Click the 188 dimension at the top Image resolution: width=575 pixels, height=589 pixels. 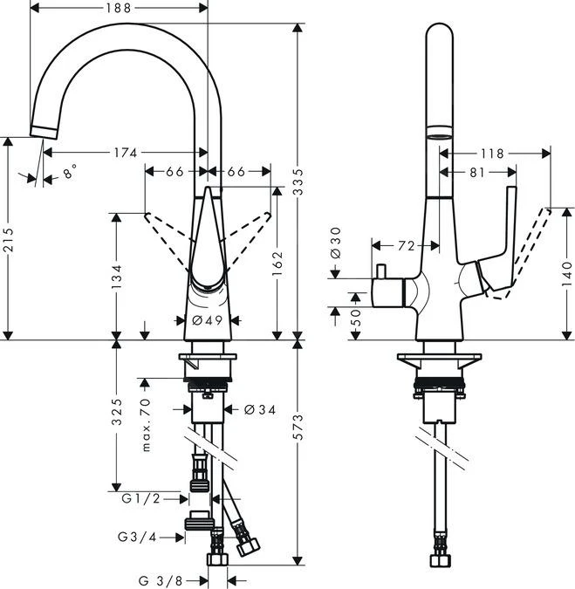(x=120, y=9)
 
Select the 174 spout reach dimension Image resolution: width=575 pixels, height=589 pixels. (x=125, y=153)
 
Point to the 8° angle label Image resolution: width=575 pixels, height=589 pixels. (x=70, y=173)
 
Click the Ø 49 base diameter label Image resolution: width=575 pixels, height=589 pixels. (x=208, y=321)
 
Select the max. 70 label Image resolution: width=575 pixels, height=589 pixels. (x=146, y=424)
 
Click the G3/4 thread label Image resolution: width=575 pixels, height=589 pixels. (x=136, y=535)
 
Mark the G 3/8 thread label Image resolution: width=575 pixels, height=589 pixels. (x=162, y=579)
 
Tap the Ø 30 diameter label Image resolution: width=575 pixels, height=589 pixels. (x=336, y=241)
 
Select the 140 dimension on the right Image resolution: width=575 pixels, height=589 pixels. (x=568, y=272)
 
